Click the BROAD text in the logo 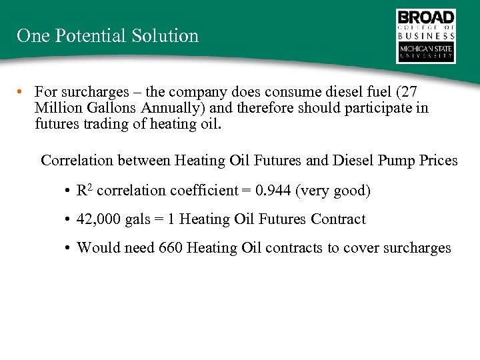(426, 17)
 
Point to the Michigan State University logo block (426, 52)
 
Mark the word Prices (437, 161)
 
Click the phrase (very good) (333, 191)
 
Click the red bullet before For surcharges (22, 91)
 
